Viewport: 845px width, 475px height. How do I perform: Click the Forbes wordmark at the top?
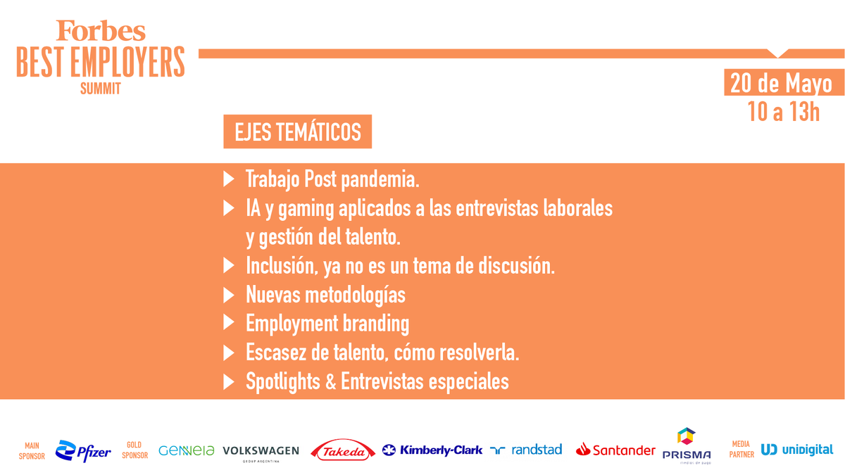coord(101,31)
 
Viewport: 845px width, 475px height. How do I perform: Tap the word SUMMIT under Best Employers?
coord(101,89)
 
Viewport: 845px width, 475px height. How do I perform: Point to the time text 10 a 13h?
coord(784,111)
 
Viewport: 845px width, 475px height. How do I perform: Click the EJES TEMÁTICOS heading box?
coord(297,132)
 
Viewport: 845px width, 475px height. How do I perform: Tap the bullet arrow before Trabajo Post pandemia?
coord(228,180)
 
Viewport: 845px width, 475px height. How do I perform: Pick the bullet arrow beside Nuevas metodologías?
coord(228,294)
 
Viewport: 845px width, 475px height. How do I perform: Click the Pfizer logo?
coord(83,451)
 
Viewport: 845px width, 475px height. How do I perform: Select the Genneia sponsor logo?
coord(187,450)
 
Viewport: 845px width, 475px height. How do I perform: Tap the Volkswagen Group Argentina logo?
coord(261,452)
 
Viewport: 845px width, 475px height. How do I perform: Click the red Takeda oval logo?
coord(343,451)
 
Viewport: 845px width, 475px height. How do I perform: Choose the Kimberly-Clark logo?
coord(432,450)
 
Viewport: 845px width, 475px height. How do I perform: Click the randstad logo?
coord(527,450)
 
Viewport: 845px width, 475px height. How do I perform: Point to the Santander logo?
coord(615,450)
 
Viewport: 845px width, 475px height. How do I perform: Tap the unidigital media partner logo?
coord(797,450)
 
